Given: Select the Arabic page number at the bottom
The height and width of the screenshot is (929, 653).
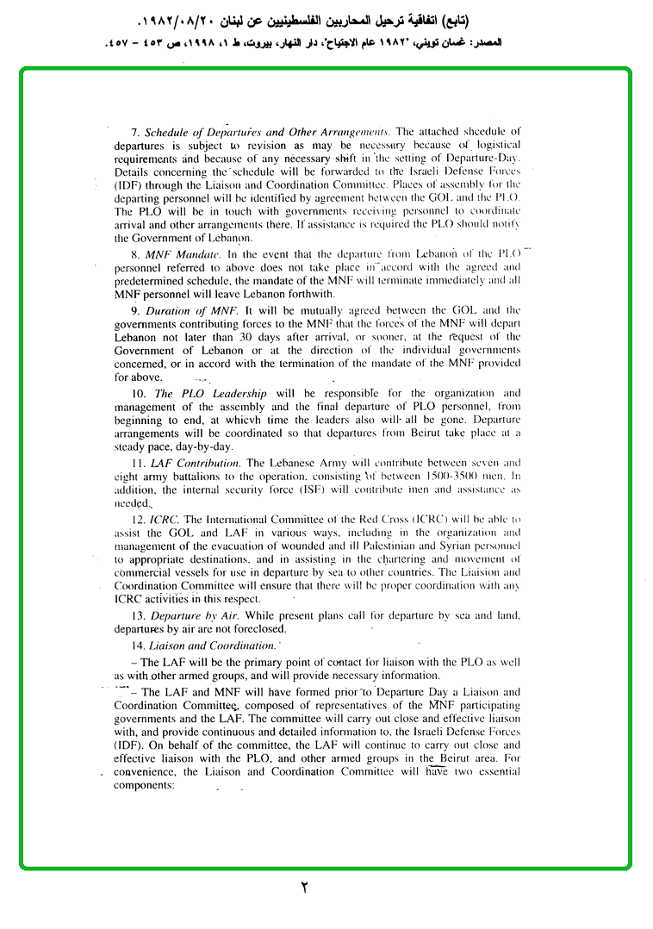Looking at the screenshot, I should [x=303, y=887].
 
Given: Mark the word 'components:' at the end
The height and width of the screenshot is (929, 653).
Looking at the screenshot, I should [x=145, y=786].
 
